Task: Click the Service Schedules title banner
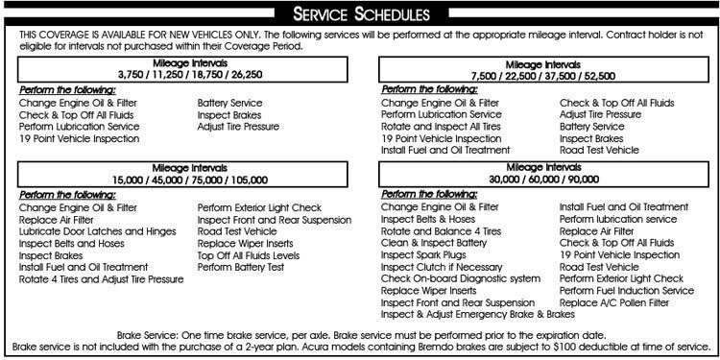tap(359, 13)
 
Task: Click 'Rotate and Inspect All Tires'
tap(441, 126)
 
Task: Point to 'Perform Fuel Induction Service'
tap(626, 291)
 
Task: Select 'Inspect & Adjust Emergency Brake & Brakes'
tap(477, 315)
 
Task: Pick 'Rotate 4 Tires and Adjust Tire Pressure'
tap(101, 279)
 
